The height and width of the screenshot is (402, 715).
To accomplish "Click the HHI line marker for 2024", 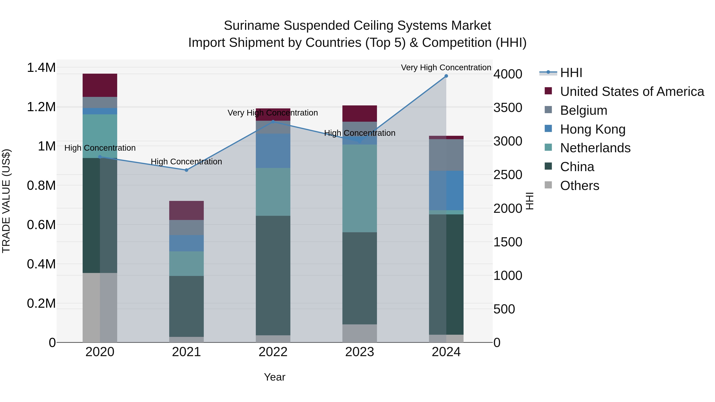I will point(446,76).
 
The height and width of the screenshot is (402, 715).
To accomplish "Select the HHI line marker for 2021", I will point(186,170).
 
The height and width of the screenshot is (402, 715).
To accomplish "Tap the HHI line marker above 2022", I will point(273,121).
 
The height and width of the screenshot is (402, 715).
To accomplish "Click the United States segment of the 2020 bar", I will point(100,85).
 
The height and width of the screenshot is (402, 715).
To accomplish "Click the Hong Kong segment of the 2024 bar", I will point(446,190).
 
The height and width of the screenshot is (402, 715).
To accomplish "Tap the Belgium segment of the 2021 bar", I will point(186,228).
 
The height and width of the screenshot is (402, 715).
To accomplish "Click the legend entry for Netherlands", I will point(595,148).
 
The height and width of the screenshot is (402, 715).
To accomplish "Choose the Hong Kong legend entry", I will point(593,129).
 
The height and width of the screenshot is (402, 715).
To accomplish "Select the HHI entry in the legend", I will point(571,73).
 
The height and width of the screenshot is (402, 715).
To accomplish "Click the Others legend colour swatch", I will point(548,185).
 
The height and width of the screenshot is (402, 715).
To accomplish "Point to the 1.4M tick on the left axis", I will point(41,68).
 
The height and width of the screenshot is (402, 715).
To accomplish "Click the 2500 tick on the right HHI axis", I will point(508,175).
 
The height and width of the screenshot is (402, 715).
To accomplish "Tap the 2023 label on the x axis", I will point(359,352).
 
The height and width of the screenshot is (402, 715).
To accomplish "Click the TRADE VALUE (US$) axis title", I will point(6,201).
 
